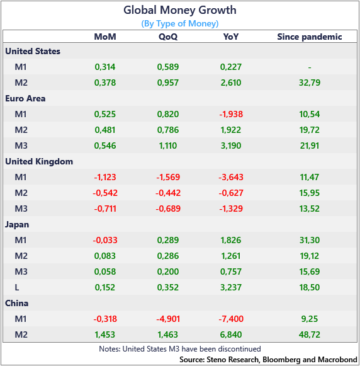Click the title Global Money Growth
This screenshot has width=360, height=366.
[x=180, y=10]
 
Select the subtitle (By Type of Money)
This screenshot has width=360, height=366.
[x=180, y=23]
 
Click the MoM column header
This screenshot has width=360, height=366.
[x=105, y=37]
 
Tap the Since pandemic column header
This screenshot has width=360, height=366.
[x=310, y=37]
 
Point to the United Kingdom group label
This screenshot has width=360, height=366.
[x=39, y=161]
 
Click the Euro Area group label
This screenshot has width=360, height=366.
[x=25, y=98]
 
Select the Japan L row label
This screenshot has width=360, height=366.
[x=17, y=287]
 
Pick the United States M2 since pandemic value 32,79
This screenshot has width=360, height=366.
[x=310, y=83]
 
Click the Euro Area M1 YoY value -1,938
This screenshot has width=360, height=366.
[x=231, y=114]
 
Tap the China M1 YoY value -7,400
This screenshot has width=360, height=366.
[x=231, y=319]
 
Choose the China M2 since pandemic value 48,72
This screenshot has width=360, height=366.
[x=310, y=335]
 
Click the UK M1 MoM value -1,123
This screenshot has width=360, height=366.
[x=105, y=177]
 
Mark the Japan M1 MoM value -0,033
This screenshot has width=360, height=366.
[x=105, y=240]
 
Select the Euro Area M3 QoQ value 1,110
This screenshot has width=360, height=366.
[x=168, y=146]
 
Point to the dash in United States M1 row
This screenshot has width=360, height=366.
[x=310, y=67]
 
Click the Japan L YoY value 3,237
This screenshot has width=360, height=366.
[x=231, y=287]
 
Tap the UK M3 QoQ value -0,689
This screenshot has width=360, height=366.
[x=168, y=209]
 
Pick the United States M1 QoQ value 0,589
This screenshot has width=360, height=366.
[x=168, y=67]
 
